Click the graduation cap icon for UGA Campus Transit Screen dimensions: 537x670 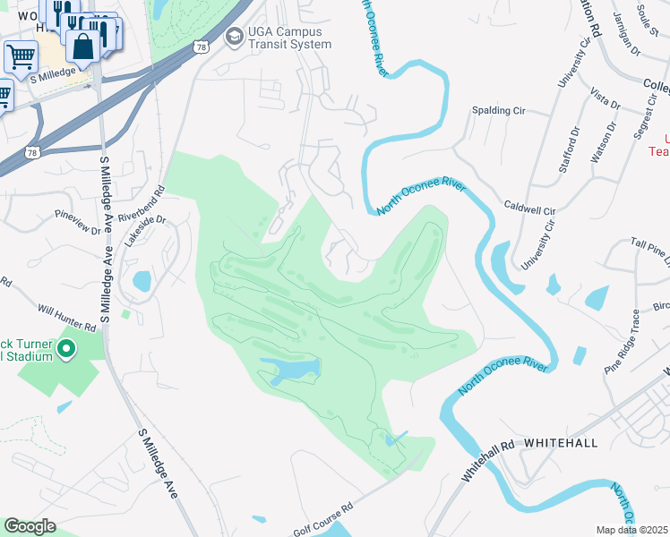click(234, 37)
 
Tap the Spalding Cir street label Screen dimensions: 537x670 click(499, 111)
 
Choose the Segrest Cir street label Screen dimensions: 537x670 click(642, 119)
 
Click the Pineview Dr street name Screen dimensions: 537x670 click(78, 221)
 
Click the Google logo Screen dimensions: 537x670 click(29, 526)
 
